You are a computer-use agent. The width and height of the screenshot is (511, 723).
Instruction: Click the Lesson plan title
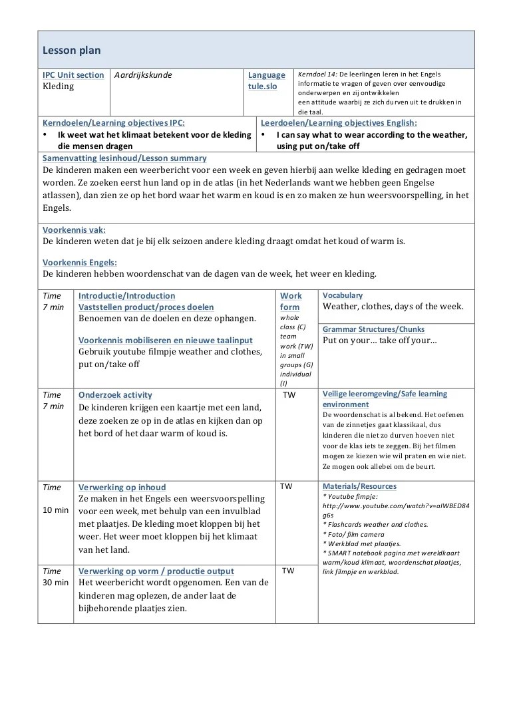(72, 51)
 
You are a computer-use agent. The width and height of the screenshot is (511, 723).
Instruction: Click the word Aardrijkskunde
(143, 75)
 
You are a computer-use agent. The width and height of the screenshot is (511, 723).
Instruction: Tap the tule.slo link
(263, 86)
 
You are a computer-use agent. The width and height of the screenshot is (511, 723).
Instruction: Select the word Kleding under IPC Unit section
(59, 86)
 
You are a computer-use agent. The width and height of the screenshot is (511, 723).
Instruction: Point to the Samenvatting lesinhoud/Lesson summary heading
(124, 158)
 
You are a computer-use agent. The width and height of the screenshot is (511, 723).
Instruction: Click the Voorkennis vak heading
(74, 229)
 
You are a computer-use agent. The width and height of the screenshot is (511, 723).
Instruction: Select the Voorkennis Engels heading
(80, 262)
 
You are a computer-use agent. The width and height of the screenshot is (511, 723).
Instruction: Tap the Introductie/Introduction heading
(127, 295)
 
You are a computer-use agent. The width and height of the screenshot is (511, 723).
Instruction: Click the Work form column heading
(291, 301)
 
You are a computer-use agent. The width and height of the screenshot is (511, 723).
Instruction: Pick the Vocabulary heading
(343, 295)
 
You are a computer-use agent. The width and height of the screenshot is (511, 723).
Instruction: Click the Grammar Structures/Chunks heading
(373, 329)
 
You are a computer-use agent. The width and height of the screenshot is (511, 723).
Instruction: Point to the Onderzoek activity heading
(115, 394)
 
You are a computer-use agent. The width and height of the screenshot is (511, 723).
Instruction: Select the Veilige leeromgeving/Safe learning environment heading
(385, 399)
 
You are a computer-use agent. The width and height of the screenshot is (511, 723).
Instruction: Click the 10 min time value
(56, 509)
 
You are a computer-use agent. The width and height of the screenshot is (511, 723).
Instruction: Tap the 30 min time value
(56, 582)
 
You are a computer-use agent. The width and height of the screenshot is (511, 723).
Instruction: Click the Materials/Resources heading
(359, 486)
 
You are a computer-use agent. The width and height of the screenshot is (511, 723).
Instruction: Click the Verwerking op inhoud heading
(122, 487)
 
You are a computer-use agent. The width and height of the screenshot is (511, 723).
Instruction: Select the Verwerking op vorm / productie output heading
(156, 571)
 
